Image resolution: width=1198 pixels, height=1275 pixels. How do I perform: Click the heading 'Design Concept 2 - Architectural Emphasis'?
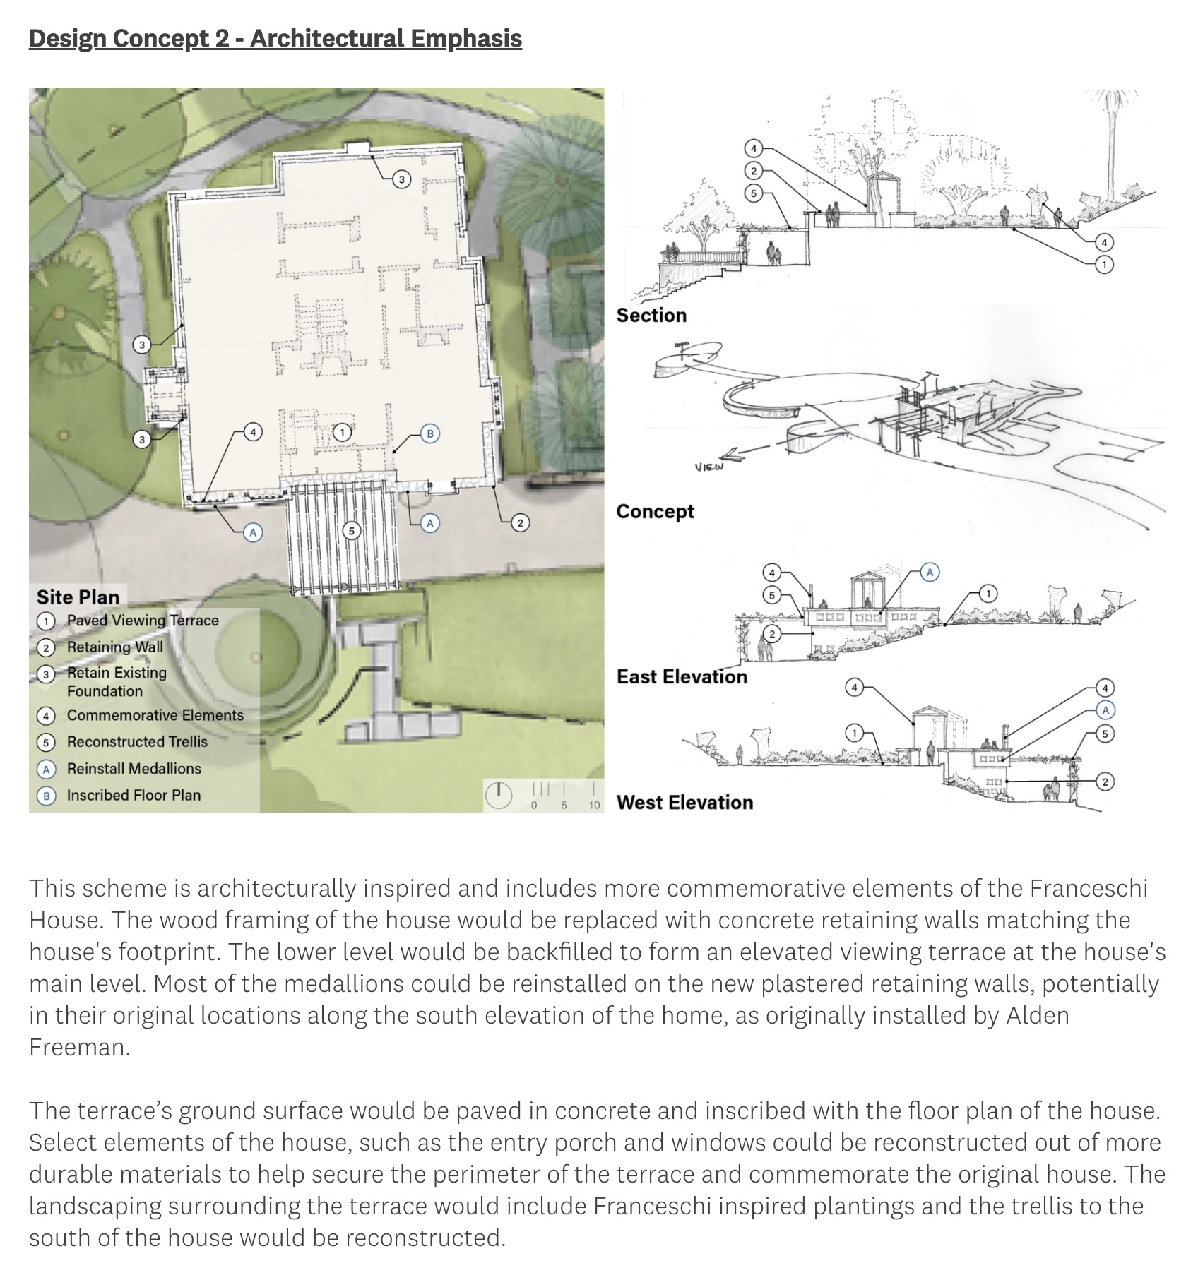[x=275, y=39]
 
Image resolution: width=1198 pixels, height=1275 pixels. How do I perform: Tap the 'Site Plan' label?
[x=78, y=597]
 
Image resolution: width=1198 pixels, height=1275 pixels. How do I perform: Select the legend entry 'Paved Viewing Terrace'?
[x=142, y=621]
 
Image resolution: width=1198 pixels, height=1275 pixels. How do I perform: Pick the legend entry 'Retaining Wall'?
[x=114, y=647]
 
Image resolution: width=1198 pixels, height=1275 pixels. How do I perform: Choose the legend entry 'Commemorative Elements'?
[x=155, y=715]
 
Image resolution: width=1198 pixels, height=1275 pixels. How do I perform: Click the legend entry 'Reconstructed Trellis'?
[x=137, y=742]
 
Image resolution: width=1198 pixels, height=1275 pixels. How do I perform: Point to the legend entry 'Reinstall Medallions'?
[x=134, y=769]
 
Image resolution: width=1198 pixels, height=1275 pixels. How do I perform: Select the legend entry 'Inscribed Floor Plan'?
[x=134, y=796]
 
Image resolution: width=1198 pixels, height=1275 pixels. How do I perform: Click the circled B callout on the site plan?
[x=430, y=433]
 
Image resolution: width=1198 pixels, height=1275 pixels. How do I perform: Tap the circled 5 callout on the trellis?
[x=352, y=530]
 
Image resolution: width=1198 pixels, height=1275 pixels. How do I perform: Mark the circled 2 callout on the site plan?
[x=520, y=522]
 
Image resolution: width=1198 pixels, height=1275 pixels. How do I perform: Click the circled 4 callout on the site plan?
[x=253, y=431]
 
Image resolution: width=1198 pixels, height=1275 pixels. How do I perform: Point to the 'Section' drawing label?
[x=651, y=315]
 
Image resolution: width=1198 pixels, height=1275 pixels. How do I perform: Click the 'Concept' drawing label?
[x=655, y=511]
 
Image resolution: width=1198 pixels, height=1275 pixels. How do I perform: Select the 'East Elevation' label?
[x=682, y=676]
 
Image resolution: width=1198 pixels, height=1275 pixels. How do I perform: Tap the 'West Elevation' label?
[x=684, y=802]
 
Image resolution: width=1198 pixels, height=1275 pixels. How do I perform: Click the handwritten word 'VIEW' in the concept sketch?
[x=708, y=467]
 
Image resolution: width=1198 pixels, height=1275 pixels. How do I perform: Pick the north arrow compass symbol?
[x=499, y=795]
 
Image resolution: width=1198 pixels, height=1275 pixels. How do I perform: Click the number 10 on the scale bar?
[x=594, y=805]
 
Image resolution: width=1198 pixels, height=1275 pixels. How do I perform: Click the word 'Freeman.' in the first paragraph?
[x=80, y=1047]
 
